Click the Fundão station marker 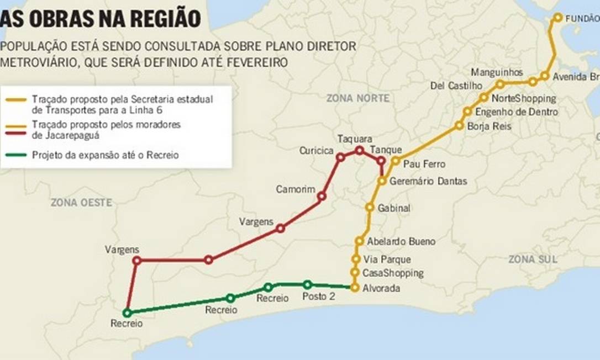pyautogui.click(x=557, y=18)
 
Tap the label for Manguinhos pyautogui.click(x=497, y=72)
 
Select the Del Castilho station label pyautogui.click(x=456, y=86)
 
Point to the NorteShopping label pyautogui.click(x=523, y=99)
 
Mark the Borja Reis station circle pyautogui.click(x=459, y=125)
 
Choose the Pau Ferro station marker pyautogui.click(x=396, y=161)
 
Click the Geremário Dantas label pyautogui.click(x=428, y=181)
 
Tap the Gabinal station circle pyautogui.click(x=370, y=207)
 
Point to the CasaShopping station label pyautogui.click(x=393, y=273)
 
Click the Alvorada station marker pyautogui.click(x=354, y=287)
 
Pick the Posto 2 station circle pyautogui.click(x=307, y=284)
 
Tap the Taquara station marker pyautogui.click(x=360, y=150)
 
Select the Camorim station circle pyautogui.click(x=322, y=195)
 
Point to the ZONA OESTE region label pyautogui.click(x=81, y=203)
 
